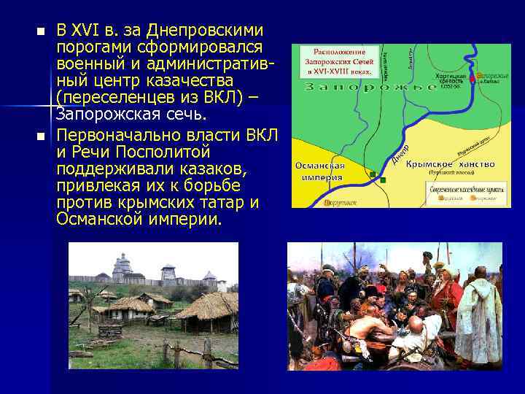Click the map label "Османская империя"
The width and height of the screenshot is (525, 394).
[320, 171]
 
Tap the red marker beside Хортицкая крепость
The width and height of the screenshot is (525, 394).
[472, 77]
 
